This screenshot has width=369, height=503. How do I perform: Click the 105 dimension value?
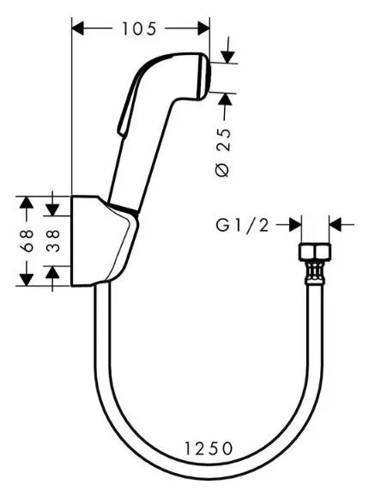click(x=139, y=29)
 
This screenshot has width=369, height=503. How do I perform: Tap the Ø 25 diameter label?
click(x=223, y=153)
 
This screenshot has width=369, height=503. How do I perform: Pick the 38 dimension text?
click(x=53, y=240)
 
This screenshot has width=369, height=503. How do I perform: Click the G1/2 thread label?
click(x=243, y=226)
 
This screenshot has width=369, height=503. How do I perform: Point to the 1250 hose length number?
click(x=209, y=448)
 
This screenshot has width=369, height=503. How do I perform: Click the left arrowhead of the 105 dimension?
click(x=78, y=28)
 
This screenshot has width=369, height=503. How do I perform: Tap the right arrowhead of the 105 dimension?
click(x=203, y=28)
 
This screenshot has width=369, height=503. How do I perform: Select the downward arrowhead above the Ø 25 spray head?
click(x=227, y=58)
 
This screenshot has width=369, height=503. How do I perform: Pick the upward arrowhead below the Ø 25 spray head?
click(x=226, y=100)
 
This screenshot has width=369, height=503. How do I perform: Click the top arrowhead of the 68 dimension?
click(x=27, y=203)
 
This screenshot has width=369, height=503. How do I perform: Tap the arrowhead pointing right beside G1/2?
click(x=295, y=225)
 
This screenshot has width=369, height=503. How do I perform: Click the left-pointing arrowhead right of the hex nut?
click(x=336, y=225)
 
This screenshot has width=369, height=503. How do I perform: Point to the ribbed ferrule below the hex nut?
click(x=315, y=272)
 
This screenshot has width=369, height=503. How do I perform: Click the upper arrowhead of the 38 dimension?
click(x=52, y=209)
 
